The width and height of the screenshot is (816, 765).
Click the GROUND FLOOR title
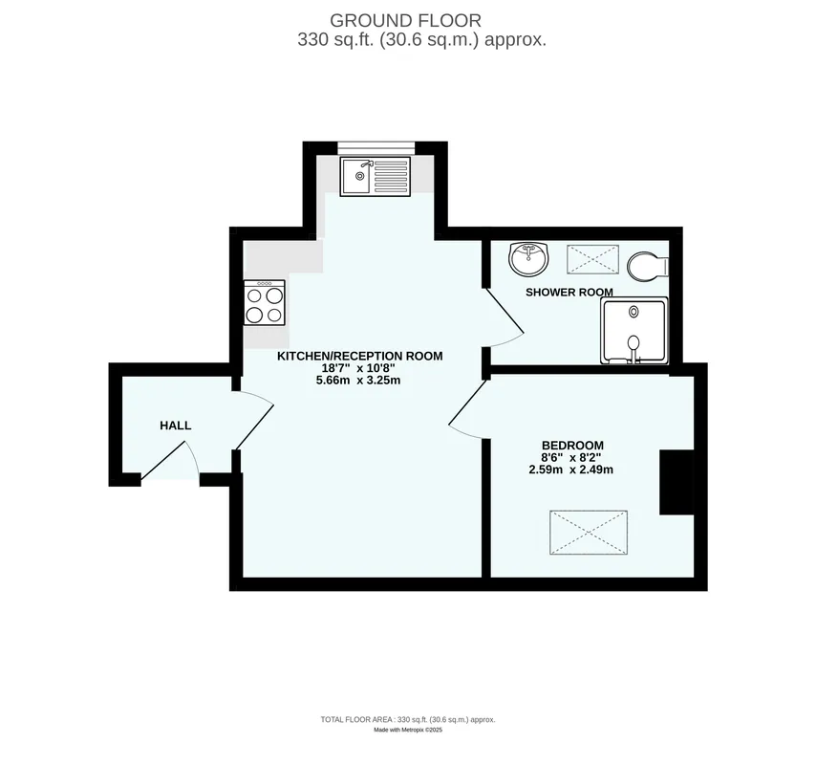pyautogui.click(x=405, y=21)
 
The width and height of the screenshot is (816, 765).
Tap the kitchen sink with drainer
pyautogui.click(x=375, y=177)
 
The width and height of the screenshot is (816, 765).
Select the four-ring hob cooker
pyautogui.click(x=265, y=302)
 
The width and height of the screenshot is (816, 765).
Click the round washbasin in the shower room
pyautogui.click(x=528, y=258)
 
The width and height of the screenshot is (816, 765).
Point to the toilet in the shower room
pyautogui.click(x=648, y=266)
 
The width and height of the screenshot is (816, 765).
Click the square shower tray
pyautogui.click(x=633, y=331)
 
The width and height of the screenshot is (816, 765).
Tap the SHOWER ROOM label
pyautogui.click(x=569, y=293)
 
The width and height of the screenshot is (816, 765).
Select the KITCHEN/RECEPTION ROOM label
pyautogui.click(x=359, y=356)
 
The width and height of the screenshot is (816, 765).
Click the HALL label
pyautogui.click(x=176, y=426)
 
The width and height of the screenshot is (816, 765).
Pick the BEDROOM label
pyautogui.click(x=572, y=446)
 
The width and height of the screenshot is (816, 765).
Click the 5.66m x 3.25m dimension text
pyautogui.click(x=358, y=381)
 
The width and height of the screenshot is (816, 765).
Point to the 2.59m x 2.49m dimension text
pyautogui.click(x=570, y=470)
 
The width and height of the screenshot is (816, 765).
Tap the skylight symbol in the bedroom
pyautogui.click(x=589, y=533)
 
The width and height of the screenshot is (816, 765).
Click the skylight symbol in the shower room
pyautogui.click(x=592, y=259)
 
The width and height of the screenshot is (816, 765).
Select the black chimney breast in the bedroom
pyautogui.click(x=676, y=482)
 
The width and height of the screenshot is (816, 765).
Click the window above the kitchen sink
pyautogui.click(x=376, y=148)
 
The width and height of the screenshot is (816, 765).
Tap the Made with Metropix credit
pyautogui.click(x=408, y=731)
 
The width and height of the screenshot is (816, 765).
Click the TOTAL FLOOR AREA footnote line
pyautogui.click(x=408, y=720)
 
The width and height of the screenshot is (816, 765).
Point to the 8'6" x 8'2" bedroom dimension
pyautogui.click(x=570, y=458)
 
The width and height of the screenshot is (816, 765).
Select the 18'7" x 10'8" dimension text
pyautogui.click(x=358, y=368)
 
